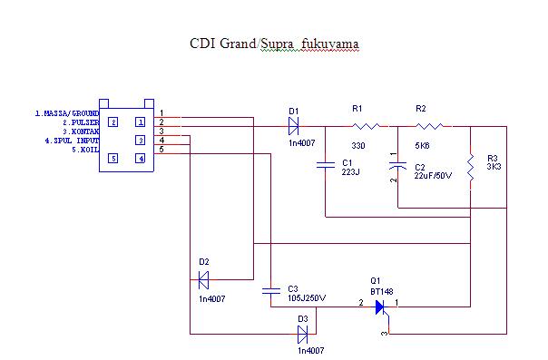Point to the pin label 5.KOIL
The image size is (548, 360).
[x=83, y=150]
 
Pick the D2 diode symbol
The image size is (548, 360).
[x=204, y=279]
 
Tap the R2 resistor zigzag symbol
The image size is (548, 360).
[x=428, y=126]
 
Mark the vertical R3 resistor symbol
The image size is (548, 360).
[x=471, y=167]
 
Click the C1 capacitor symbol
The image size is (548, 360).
[x=326, y=165]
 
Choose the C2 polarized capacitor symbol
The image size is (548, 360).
[x=397, y=167]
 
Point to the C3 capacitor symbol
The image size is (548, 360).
[x=270, y=291]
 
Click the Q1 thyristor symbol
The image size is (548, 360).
[x=381, y=307]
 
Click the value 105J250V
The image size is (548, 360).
[x=307, y=297]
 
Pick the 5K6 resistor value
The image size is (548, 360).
[x=422, y=145]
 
